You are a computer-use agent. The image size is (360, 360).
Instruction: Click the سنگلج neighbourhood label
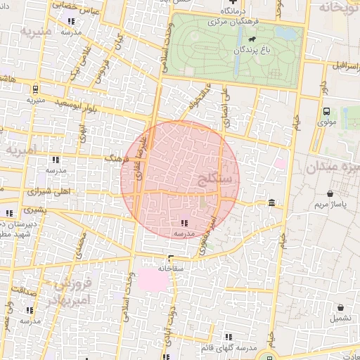(215, 178)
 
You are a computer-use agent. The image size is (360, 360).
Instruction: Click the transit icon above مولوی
(326, 111)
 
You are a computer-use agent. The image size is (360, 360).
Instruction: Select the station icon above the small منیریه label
(35, 89)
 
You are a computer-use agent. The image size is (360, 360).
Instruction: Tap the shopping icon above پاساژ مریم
(330, 193)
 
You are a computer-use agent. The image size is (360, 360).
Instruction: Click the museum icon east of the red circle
(271, 203)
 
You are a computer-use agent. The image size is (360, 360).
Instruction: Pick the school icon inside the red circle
(184, 223)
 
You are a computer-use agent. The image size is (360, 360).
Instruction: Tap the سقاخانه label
(171, 268)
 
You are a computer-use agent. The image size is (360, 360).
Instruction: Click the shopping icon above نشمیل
(340, 307)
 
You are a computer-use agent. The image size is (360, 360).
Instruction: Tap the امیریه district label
(22, 149)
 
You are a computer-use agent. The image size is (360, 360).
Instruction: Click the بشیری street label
(34, 210)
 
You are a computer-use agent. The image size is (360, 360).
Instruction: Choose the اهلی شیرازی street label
(49, 191)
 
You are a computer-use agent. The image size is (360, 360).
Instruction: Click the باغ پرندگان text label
(252, 51)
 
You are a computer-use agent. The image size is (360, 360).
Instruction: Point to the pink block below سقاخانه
(153, 280)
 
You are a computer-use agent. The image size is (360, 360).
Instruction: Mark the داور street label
(323, 86)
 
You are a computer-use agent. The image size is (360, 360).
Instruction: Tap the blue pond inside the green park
(285, 32)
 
